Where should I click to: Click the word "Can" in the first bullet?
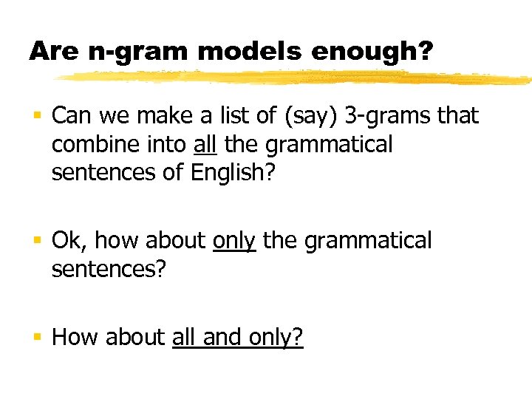point(70,116)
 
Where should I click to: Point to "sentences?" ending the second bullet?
point(109,269)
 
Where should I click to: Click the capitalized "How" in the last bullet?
point(76,338)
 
